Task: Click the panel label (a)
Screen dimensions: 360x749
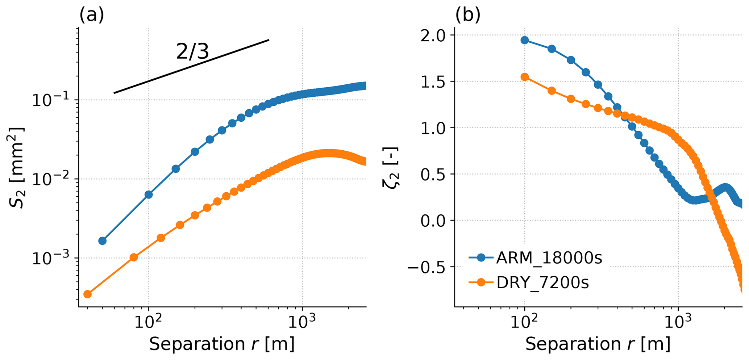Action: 91,16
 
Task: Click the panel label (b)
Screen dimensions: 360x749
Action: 468,16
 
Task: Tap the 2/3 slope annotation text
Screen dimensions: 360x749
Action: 192,52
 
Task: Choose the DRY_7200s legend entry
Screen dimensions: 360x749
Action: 542,283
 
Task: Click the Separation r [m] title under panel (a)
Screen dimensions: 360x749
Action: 221,344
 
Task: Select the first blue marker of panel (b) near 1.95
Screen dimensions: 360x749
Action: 525,40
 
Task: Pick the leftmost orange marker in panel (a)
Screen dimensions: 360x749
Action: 87,294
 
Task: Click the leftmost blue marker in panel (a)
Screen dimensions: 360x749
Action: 103,241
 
